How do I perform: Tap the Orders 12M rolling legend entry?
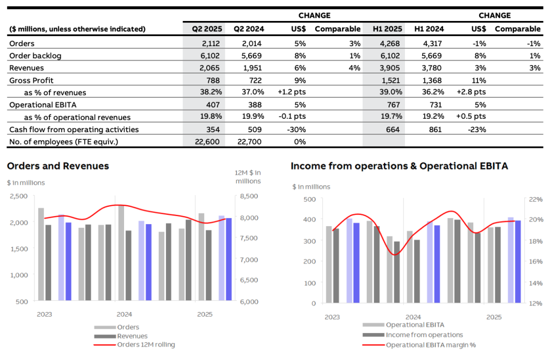coord(146,345)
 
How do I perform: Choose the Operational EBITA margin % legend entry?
coord(431,345)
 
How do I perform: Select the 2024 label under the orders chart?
coord(124,314)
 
